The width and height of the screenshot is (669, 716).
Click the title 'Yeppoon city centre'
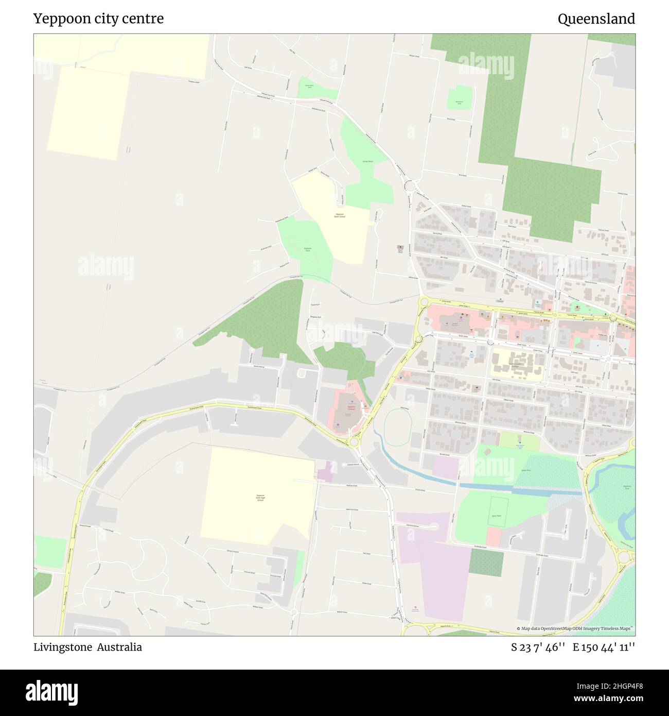pos(98,19)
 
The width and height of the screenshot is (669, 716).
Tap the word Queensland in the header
pos(596,19)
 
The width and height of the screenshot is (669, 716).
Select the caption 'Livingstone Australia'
pos(87,647)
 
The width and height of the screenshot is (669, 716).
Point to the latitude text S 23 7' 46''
pos(538,647)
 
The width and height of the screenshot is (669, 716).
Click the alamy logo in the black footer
pos(51,691)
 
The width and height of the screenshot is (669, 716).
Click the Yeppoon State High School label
pos(260,498)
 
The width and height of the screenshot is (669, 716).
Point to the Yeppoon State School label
pos(340,215)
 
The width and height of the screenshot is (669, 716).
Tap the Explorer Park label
pos(308,250)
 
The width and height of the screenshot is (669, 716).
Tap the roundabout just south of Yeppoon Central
pos(354,442)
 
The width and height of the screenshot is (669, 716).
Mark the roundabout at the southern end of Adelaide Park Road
pos(410,185)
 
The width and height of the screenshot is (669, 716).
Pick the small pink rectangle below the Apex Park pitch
pos(493,537)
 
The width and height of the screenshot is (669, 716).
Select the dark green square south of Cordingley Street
pos(486,562)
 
